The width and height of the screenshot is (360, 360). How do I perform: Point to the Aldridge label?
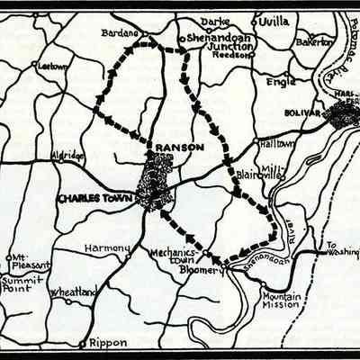(x=68, y=156)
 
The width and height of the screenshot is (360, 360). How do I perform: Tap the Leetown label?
(x=53, y=66)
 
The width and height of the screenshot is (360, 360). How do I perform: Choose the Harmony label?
(x=107, y=247)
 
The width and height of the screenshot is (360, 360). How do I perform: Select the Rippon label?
(x=108, y=342)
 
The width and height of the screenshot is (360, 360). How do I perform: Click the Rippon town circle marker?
(x=84, y=343)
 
